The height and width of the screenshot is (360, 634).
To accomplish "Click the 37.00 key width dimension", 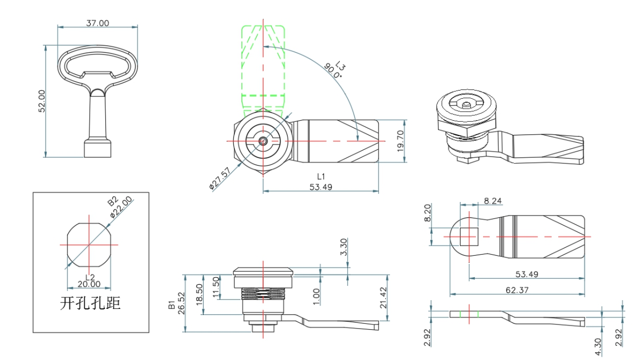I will [x=97, y=23].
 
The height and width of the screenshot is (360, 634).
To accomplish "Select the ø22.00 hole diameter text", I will [x=121, y=209].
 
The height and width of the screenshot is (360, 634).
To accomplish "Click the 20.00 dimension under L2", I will [x=89, y=284].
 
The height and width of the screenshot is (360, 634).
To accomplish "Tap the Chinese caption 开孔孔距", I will [x=90, y=303].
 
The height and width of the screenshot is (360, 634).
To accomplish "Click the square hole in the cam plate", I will [x=469, y=236].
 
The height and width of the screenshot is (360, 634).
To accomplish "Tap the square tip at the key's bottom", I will [x=98, y=148].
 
